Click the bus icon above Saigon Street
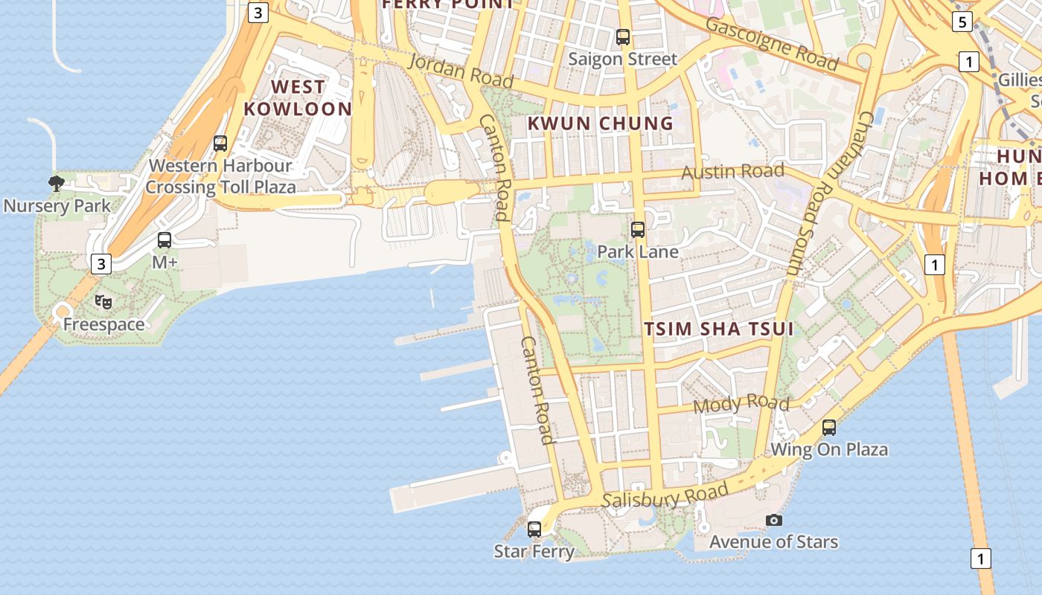(x=623, y=36)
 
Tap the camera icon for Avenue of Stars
(x=774, y=520)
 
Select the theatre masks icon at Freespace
(x=103, y=302)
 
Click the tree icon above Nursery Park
(x=56, y=183)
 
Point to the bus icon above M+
(x=164, y=240)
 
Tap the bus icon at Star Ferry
(x=534, y=530)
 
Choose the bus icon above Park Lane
(x=638, y=230)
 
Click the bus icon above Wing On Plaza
(x=829, y=428)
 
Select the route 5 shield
(x=962, y=22)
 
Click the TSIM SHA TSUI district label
(x=719, y=329)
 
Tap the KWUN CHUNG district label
(x=600, y=123)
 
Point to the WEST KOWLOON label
(x=298, y=98)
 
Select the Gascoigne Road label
(x=771, y=43)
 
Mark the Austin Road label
(x=733, y=172)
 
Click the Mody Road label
(x=741, y=405)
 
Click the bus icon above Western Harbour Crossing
(x=220, y=144)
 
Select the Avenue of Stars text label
(x=773, y=542)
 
